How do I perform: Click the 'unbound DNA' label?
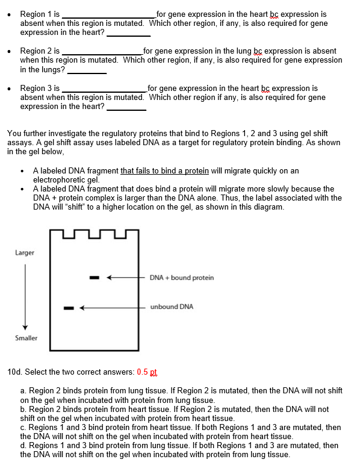coord(172,307)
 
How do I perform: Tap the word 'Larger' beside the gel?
coord(25,253)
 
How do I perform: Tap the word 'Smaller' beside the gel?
coord(26,338)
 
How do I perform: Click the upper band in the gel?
coord(95,278)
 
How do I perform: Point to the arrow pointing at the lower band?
coord(114,308)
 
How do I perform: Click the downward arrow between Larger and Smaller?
coord(25,295)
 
